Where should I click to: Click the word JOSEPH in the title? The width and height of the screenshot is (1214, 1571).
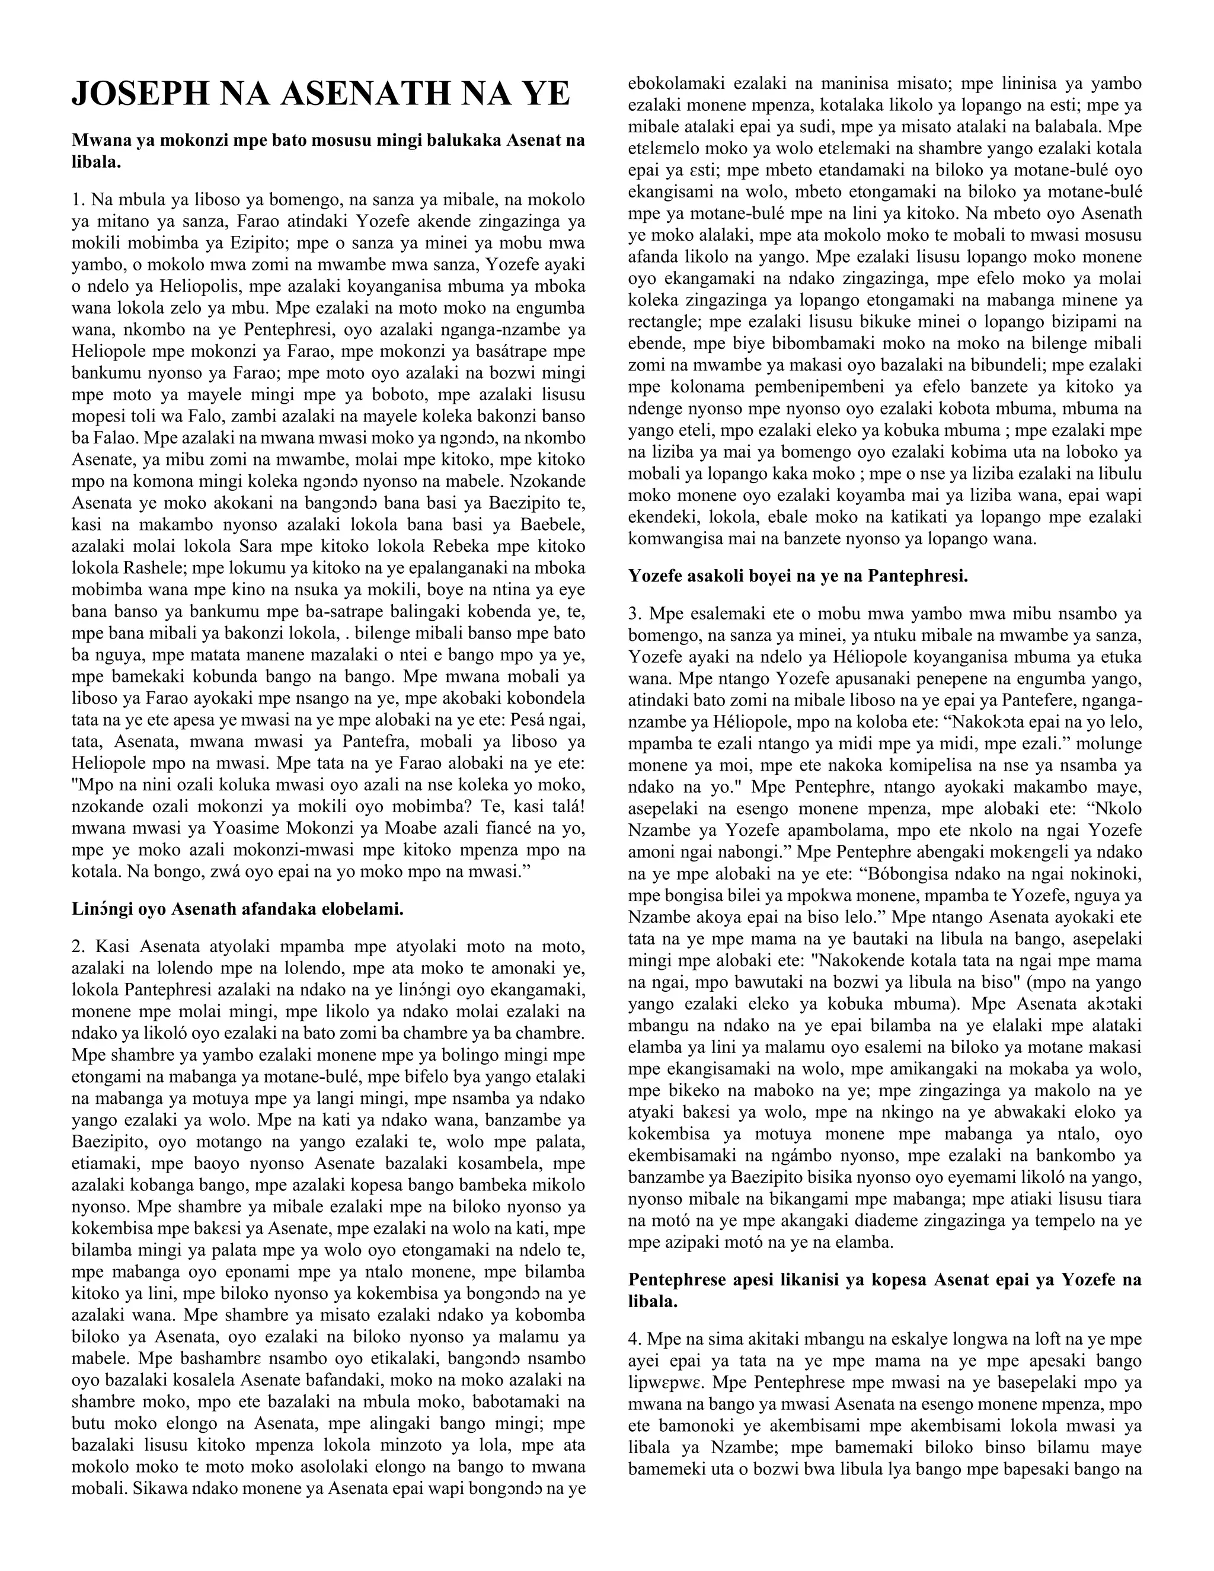[x=138, y=94]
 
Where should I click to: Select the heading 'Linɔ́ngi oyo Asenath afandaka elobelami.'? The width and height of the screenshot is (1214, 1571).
[x=237, y=908]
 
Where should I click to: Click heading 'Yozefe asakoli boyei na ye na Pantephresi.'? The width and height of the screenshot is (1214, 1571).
[x=798, y=576]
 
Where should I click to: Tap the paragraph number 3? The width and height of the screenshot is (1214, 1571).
[x=634, y=614]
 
